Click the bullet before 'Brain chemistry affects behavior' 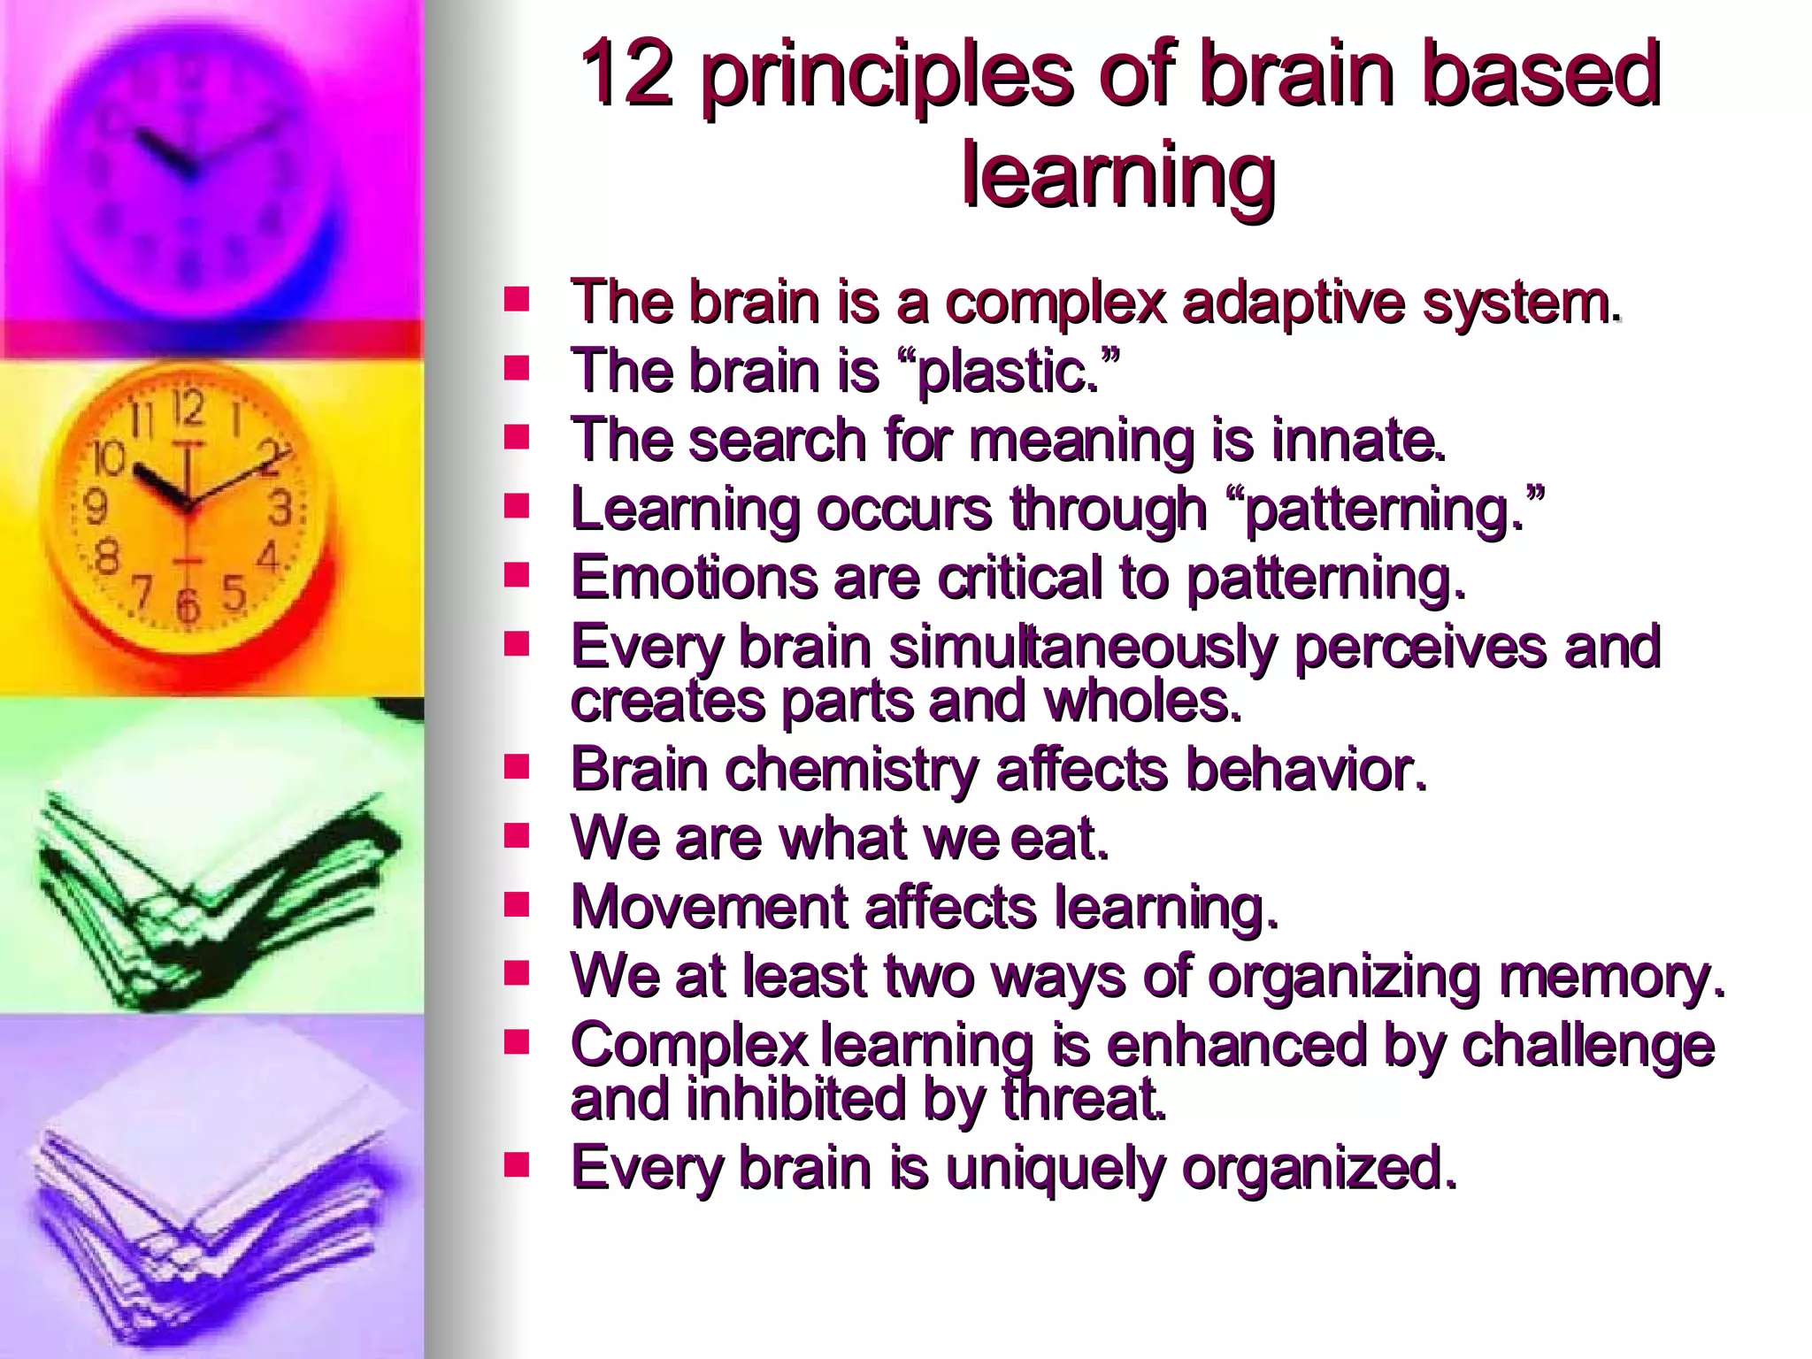pyautogui.click(x=516, y=765)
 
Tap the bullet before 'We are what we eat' pyautogui.click(x=516, y=834)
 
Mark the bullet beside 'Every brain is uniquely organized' pyautogui.click(x=516, y=1164)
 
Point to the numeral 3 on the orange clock pyautogui.click(x=280, y=509)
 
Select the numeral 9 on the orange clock pyautogui.click(x=95, y=507)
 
